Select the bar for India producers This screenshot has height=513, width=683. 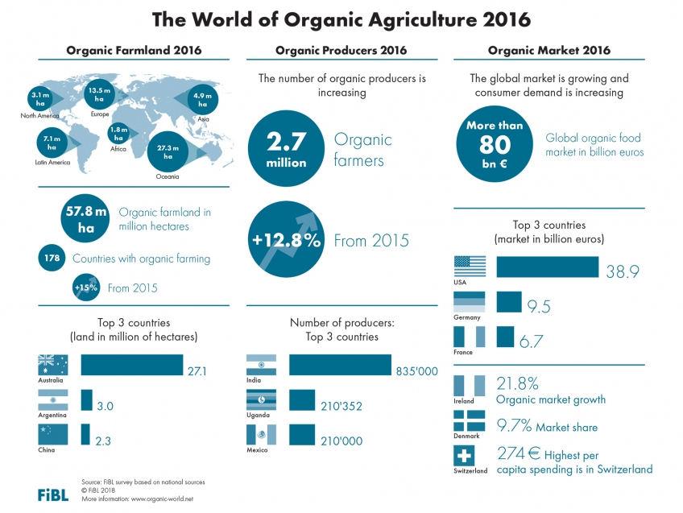pyautogui.click(x=339, y=365)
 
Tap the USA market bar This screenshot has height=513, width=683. pyautogui.click(x=547, y=267)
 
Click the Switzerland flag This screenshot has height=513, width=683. pyautogui.click(x=470, y=455)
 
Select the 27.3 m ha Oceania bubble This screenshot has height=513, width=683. pyautogui.click(x=172, y=151)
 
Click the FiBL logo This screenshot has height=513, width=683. pyautogui.click(x=54, y=494)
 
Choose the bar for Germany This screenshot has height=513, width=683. pyautogui.click(x=509, y=301)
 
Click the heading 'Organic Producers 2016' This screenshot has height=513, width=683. pyautogui.click(x=341, y=50)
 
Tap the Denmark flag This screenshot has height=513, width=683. pyautogui.click(x=470, y=420)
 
